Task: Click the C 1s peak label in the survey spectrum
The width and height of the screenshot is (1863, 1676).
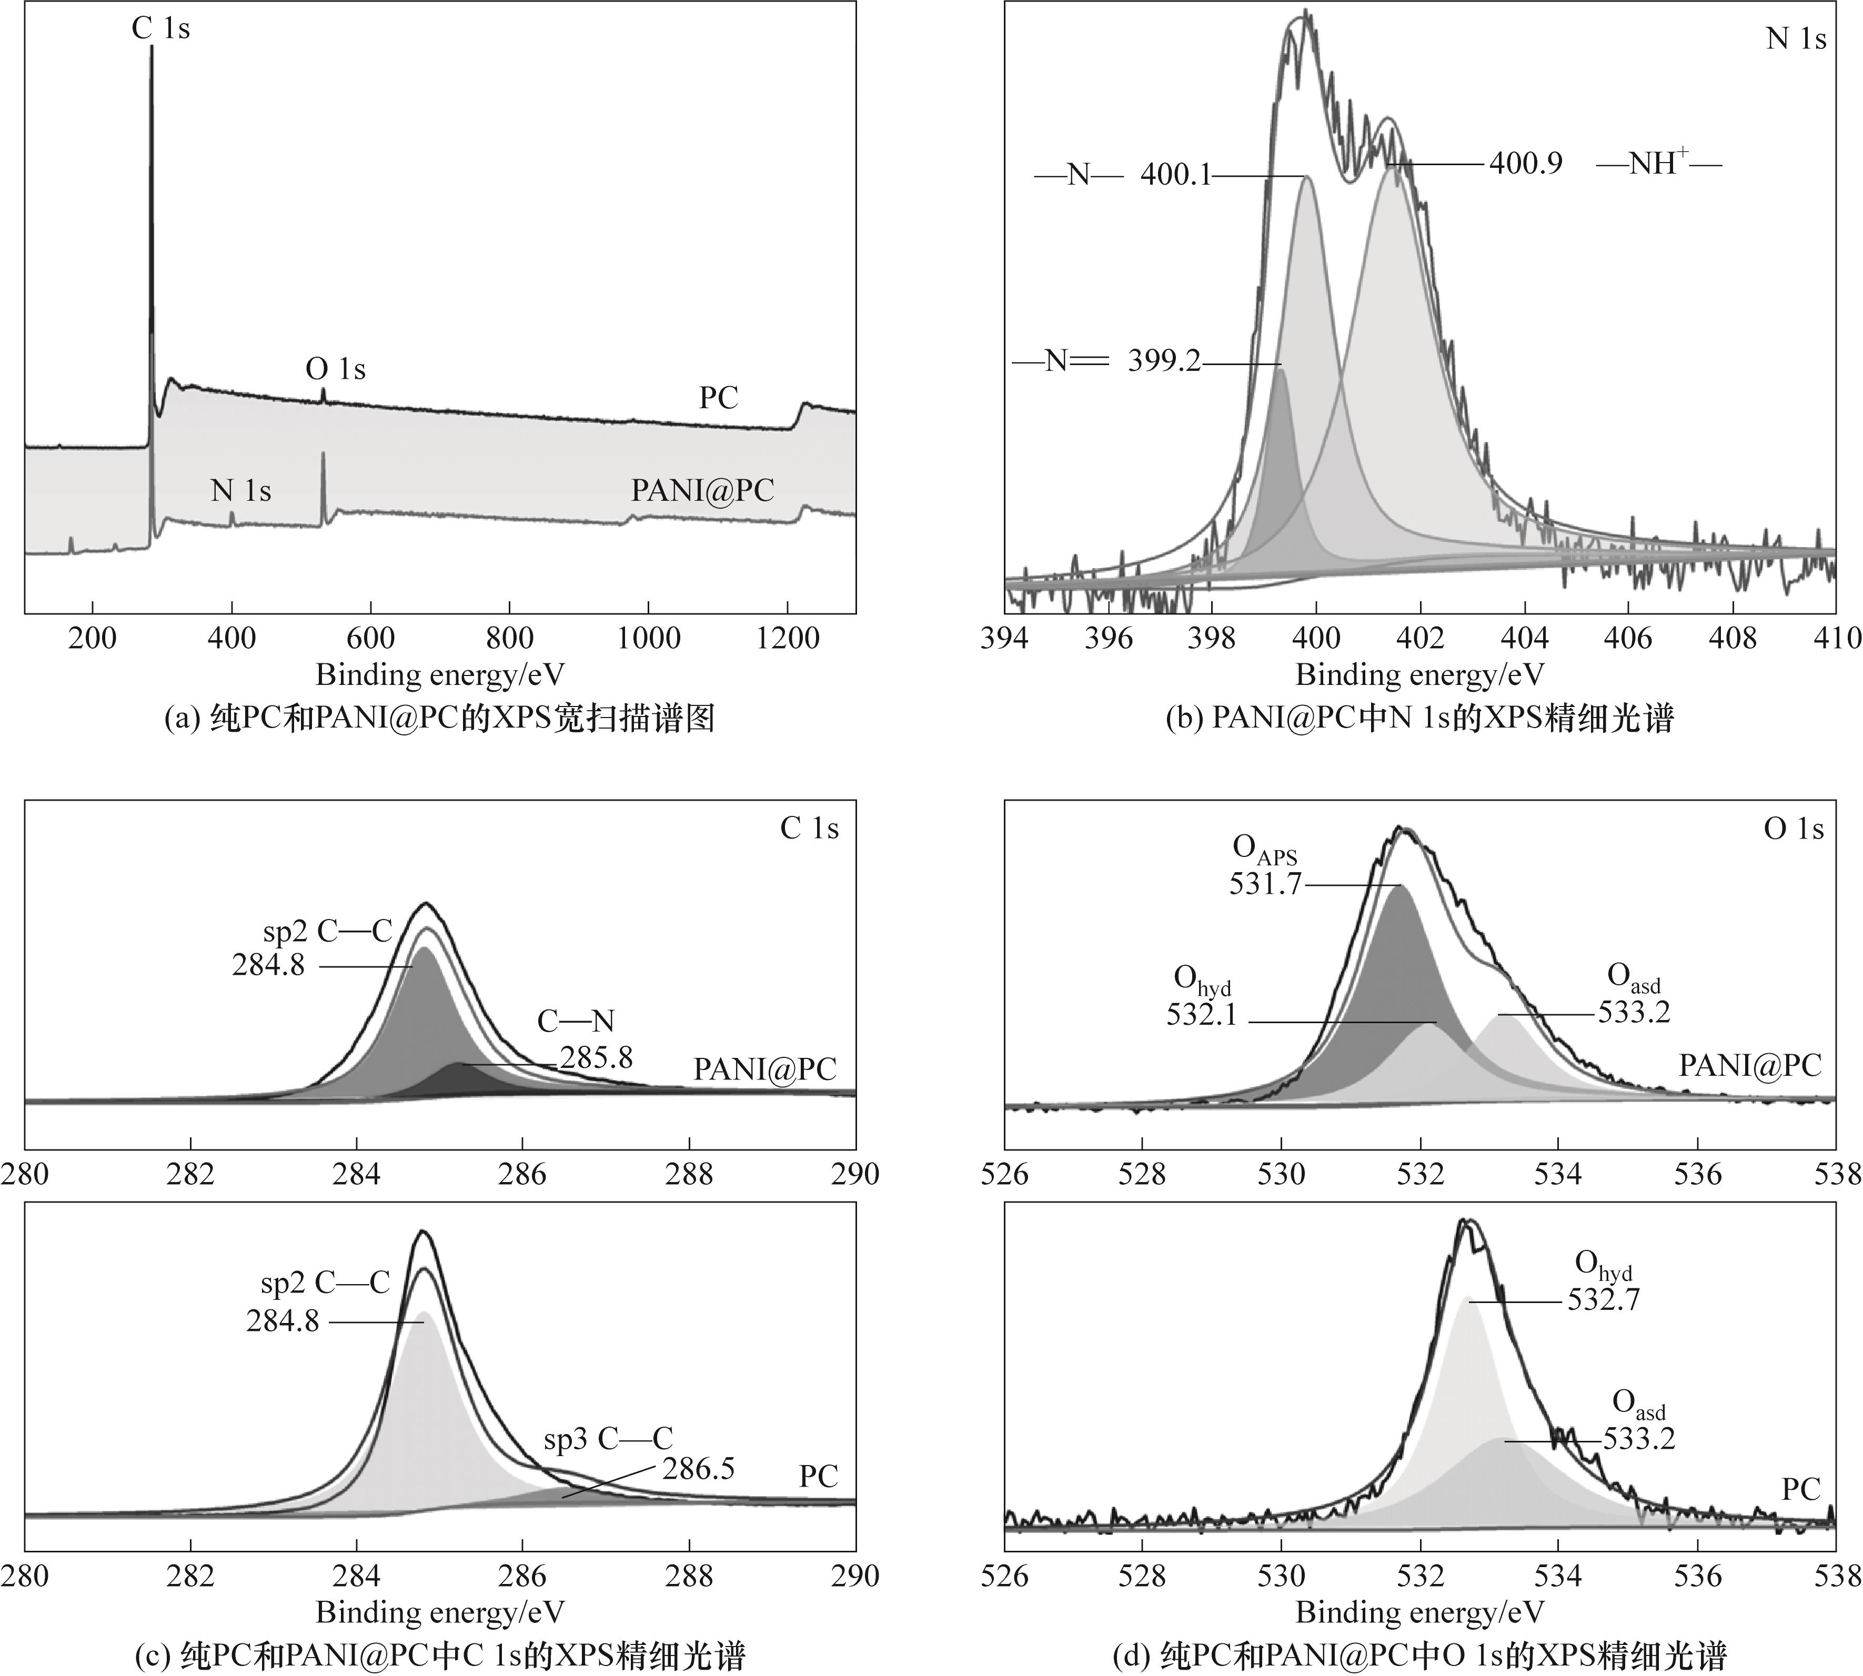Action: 160,28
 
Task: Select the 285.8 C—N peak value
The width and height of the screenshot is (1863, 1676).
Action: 597,1057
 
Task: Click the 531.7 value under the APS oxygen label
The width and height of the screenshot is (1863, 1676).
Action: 1265,884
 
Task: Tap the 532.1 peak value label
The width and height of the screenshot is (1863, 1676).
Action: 1202,1015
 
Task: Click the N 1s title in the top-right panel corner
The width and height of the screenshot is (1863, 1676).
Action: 1796,39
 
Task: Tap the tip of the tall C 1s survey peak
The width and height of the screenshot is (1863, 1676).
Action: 152,48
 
